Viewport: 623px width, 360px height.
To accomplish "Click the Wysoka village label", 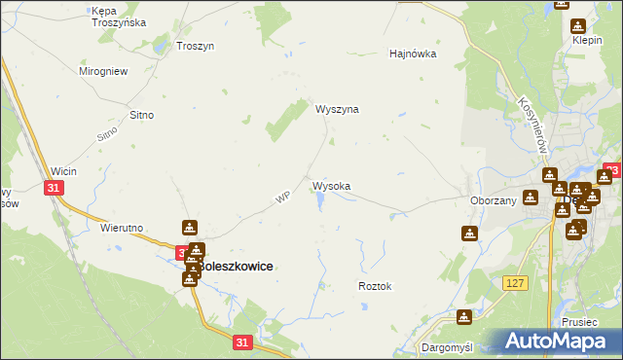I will pos(331,185).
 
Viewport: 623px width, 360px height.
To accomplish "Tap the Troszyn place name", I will pos(195,46).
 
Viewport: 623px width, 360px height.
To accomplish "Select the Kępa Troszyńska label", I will pos(118,16).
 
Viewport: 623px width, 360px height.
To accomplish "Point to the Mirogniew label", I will pos(103,71).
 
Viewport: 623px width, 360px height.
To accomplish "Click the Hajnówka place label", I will pos(413,54).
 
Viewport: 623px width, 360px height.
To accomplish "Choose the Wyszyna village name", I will pos(337,109).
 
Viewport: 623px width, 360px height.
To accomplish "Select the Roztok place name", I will pos(375,287).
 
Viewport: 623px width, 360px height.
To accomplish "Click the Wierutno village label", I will pos(123,228).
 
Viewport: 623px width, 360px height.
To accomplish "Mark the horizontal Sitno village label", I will pos(142,115).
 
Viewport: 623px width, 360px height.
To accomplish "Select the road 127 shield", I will pos(516,282).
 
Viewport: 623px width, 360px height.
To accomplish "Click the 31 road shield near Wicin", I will pos(55,188).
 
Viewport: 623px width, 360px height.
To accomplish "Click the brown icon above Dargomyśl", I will pos(464,316).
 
